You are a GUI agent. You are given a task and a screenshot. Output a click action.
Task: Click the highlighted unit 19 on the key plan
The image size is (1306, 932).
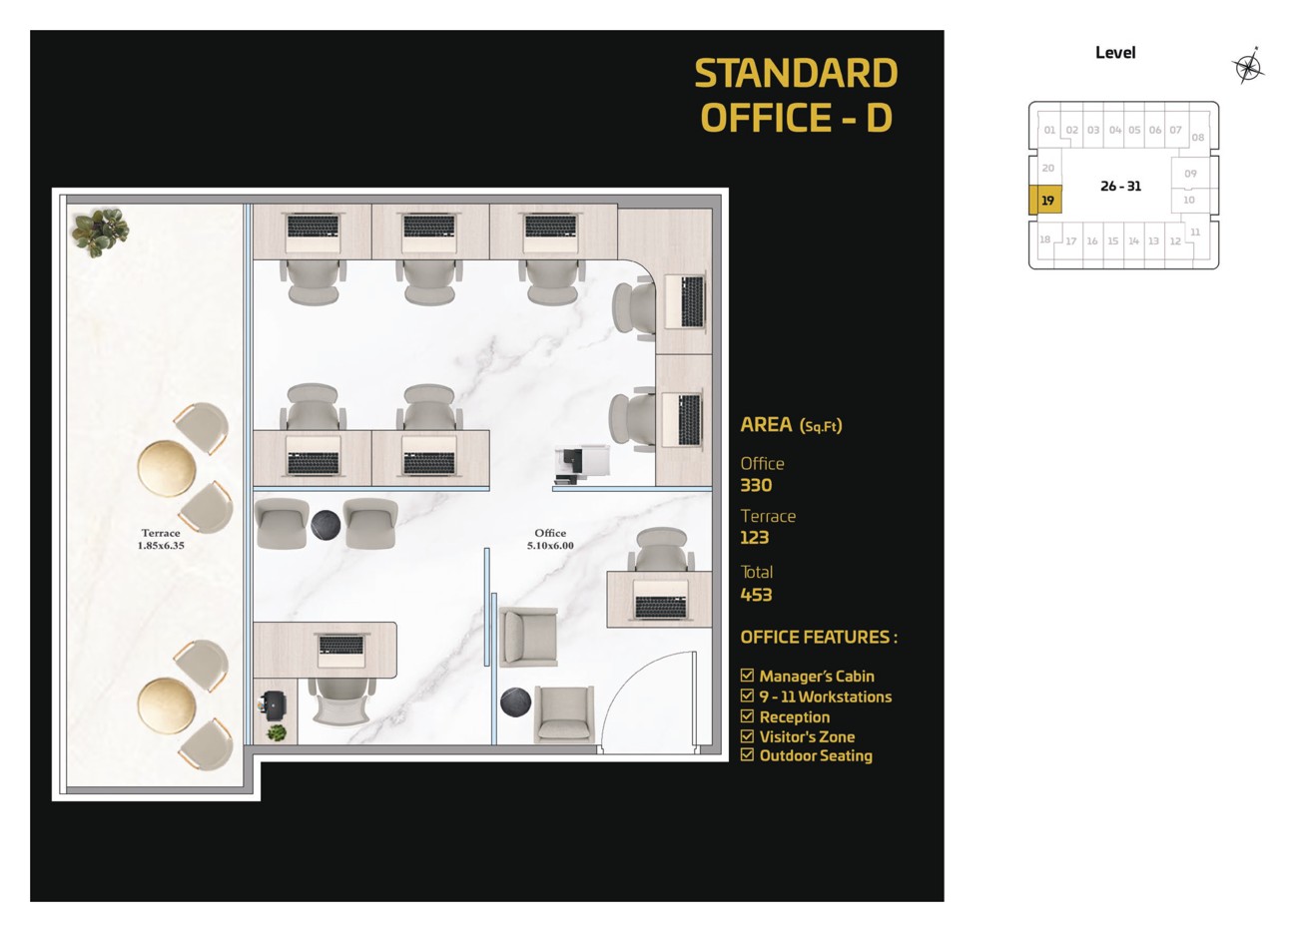1046,201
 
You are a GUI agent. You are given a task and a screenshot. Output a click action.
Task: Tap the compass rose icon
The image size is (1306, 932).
1248,68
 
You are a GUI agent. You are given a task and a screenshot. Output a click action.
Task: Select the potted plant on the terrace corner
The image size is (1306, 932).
100,232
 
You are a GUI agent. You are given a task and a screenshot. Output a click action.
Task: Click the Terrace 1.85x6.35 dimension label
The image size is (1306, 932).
161,540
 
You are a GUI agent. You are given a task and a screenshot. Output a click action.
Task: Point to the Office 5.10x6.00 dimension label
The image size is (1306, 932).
550,540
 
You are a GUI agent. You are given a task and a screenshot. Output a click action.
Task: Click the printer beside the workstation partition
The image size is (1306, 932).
581,464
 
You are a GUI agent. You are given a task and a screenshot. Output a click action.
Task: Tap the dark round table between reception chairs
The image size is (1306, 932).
326,526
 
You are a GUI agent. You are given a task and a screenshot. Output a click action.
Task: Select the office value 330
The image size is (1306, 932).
756,485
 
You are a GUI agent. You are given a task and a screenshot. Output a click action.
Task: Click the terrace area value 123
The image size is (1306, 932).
755,538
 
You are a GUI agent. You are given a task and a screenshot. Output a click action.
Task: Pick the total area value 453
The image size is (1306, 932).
756,595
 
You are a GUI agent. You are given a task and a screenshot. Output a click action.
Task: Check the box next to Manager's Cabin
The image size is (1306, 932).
747,676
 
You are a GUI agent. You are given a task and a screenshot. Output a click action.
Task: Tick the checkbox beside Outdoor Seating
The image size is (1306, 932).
747,755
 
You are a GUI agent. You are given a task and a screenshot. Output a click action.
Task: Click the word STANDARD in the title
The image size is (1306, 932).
797,74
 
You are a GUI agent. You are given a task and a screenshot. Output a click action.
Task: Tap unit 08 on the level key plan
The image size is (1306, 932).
1197,138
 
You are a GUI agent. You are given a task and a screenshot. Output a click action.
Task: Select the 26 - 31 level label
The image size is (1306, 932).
1120,187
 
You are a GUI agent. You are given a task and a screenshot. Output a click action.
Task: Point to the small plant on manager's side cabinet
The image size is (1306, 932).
277,732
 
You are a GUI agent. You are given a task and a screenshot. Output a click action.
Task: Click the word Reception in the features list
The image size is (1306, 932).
795,717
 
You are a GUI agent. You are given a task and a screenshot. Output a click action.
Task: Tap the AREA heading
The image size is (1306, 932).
766,425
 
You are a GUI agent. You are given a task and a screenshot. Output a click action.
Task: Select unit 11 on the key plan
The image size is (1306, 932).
1195,233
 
